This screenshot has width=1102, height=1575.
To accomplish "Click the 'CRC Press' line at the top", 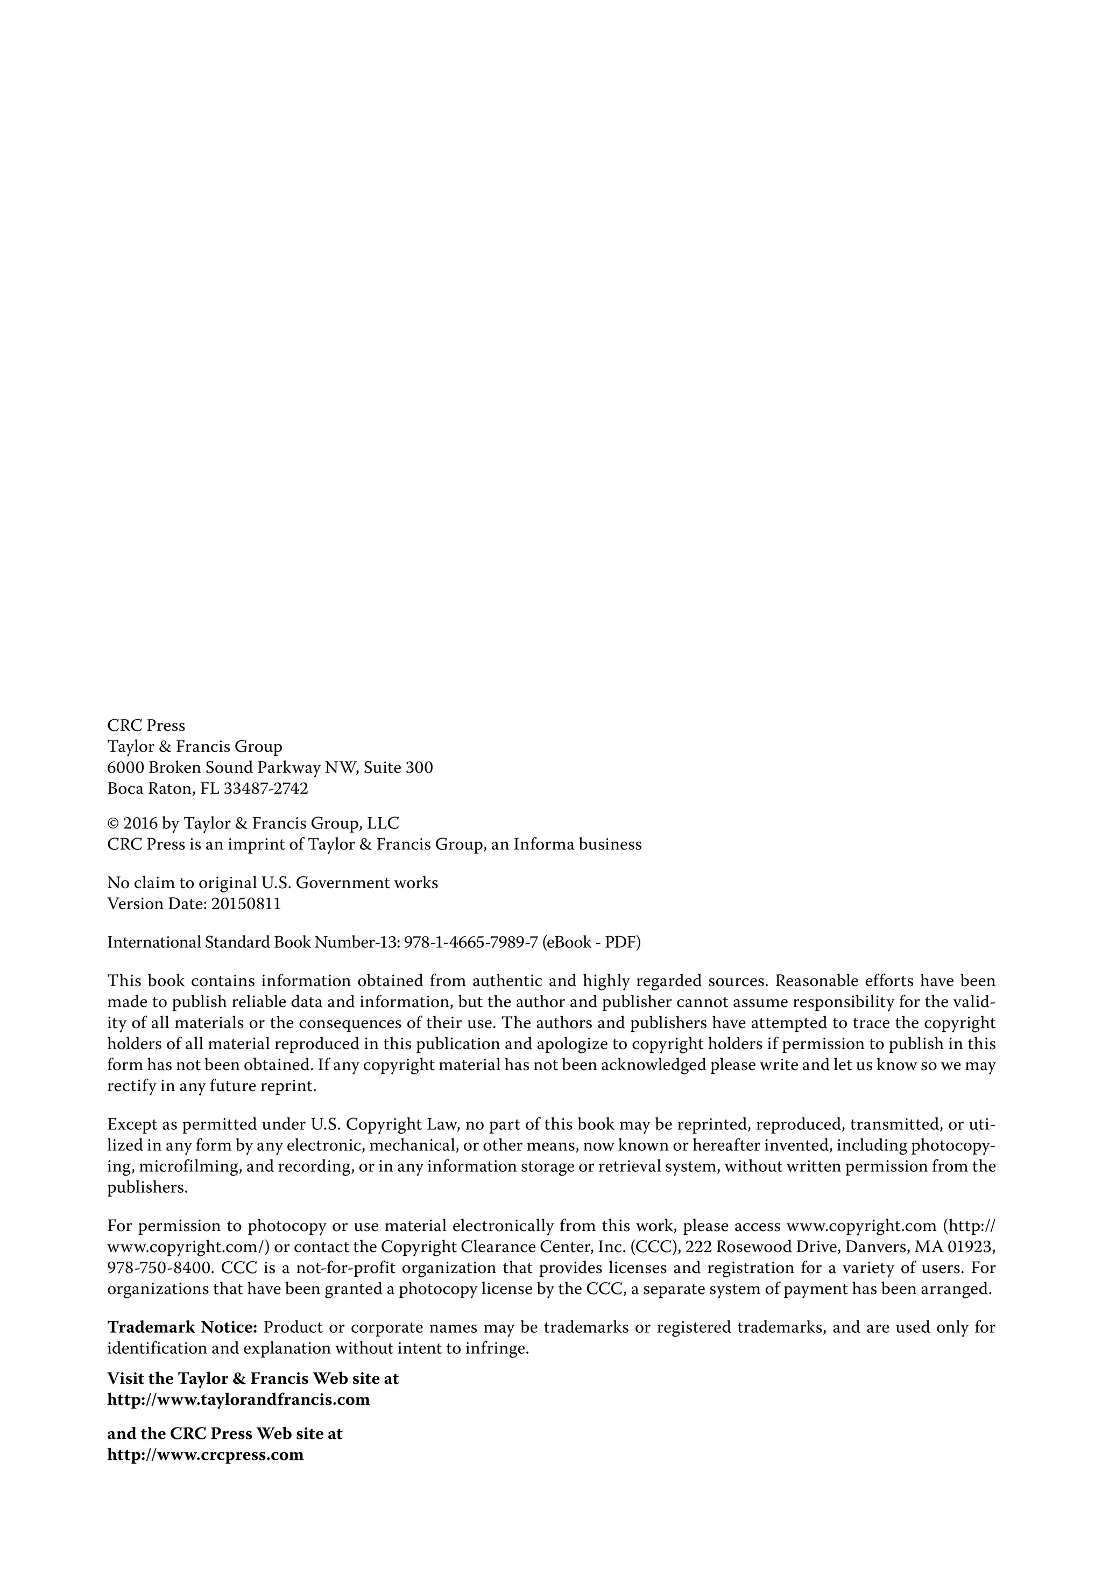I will click(145, 725).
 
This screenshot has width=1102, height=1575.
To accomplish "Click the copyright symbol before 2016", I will click(113, 823).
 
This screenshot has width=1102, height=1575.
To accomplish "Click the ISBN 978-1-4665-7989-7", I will click(470, 942).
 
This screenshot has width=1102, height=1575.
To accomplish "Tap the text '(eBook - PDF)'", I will click(591, 942).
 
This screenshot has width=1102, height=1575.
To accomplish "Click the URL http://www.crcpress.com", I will click(205, 1454).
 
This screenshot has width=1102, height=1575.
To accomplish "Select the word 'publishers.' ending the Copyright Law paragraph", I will click(147, 1187).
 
